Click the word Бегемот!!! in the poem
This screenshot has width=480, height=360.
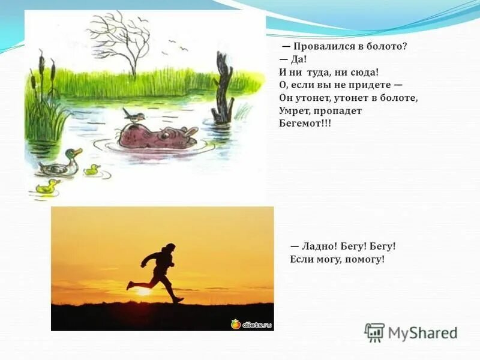click(305, 123)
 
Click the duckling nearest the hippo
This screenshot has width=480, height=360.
click(92, 170)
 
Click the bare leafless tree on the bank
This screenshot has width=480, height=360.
click(123, 42)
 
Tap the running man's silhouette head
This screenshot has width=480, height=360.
click(171, 247)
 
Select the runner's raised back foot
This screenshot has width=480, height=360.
click(130, 285)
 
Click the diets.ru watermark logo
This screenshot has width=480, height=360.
click(251, 324)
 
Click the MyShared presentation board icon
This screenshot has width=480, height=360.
click(374, 332)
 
